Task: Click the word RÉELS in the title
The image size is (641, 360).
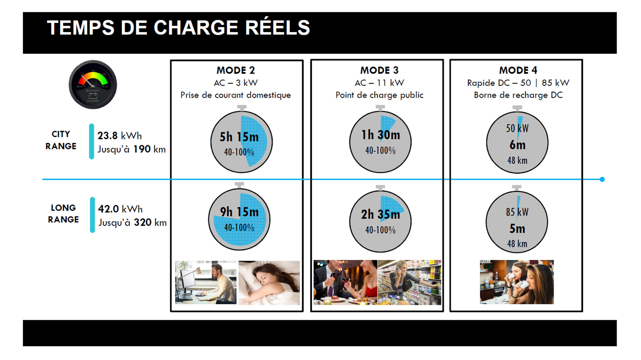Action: pos(278,27)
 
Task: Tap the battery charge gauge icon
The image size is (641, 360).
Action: pos(93,84)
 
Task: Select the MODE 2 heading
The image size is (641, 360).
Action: pos(236,70)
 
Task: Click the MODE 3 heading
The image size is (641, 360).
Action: pos(379,70)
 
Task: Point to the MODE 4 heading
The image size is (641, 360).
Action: pos(518,70)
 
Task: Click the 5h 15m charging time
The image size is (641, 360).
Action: pos(239,137)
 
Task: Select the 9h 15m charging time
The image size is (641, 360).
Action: pos(239,212)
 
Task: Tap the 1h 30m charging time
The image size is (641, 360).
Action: pos(381,135)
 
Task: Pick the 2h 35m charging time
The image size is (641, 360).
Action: pos(380,215)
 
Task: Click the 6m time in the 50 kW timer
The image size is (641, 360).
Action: pos(517,145)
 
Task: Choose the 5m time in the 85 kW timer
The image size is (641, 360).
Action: pos(517,229)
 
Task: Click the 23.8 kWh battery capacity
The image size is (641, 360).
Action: pos(120,136)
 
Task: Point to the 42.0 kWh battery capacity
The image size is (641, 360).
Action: pos(120,209)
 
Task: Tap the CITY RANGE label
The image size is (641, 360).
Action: pos(61,140)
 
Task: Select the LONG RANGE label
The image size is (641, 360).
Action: pos(63,214)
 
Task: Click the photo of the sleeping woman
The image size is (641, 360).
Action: pos(269,283)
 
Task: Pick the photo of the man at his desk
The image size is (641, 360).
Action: pos(206,283)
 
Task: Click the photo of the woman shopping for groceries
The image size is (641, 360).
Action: pos(409,283)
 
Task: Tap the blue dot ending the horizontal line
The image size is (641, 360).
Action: pos(602,179)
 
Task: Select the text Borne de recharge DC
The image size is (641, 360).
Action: pos(518,95)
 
